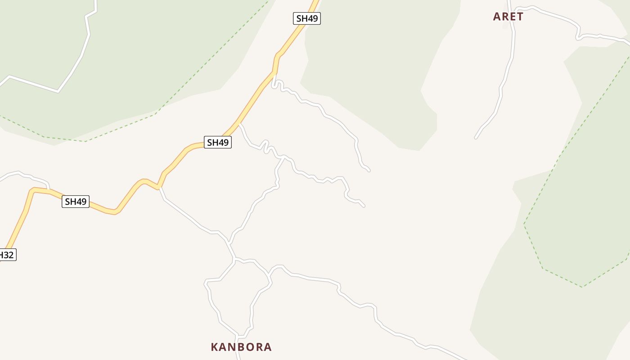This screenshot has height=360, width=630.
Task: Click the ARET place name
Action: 508,17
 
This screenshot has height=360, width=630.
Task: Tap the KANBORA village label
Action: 241,347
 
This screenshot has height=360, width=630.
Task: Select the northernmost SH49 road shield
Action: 307,18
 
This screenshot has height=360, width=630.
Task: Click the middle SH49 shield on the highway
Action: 218,143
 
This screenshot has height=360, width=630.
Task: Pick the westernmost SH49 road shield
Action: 76,202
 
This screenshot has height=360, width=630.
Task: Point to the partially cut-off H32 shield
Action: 7,255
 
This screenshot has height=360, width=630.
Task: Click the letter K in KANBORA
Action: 215,347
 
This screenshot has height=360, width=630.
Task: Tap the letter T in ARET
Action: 520,17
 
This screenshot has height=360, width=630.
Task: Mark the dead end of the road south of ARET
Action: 476,138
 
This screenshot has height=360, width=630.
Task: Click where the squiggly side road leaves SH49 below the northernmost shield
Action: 274,72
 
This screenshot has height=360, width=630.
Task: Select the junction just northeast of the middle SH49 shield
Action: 239,123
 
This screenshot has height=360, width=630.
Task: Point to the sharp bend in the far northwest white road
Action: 58,92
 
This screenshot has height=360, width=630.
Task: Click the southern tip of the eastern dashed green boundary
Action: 582,287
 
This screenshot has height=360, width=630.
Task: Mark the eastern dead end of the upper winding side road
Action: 369,171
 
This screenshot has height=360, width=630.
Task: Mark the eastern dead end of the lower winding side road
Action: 364,206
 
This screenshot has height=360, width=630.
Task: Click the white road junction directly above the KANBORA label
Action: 237,336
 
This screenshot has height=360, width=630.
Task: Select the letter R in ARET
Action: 504,17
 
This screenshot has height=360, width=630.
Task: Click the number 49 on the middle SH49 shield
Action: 223,143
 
